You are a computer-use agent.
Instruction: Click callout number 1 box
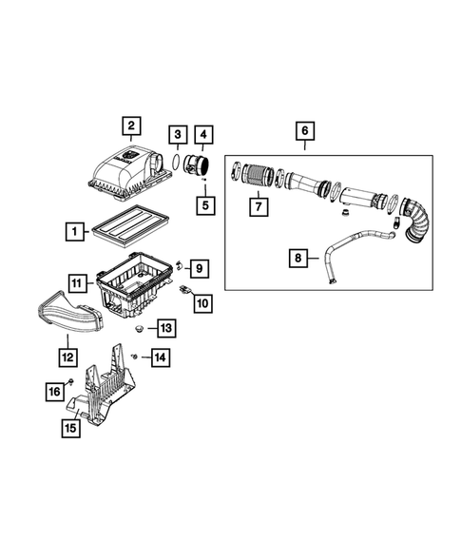(x=72, y=230)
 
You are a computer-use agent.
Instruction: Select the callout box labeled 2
(x=131, y=126)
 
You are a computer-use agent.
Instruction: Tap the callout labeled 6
(x=304, y=131)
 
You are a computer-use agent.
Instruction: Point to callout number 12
(x=67, y=357)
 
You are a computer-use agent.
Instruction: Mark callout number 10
(x=203, y=303)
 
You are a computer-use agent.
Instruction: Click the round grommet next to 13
(x=139, y=329)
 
